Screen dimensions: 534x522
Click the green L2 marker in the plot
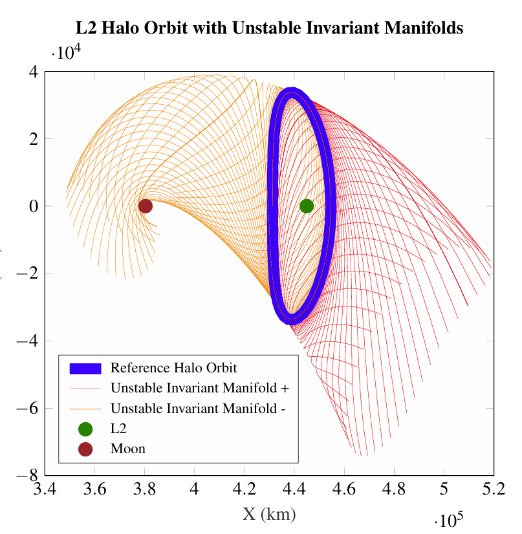point(307,206)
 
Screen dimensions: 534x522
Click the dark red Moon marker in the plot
point(145,206)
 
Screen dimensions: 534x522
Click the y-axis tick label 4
point(32,71)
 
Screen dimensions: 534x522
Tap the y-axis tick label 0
point(32,206)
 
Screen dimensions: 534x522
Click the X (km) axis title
point(269,515)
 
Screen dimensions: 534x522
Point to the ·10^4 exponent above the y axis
point(69,53)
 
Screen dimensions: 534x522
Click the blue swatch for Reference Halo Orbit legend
point(85,368)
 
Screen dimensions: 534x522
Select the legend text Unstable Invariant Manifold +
point(199,389)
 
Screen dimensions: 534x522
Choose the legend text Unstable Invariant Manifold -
point(198,409)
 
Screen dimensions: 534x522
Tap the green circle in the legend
point(85,429)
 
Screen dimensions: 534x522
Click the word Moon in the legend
point(128,449)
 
